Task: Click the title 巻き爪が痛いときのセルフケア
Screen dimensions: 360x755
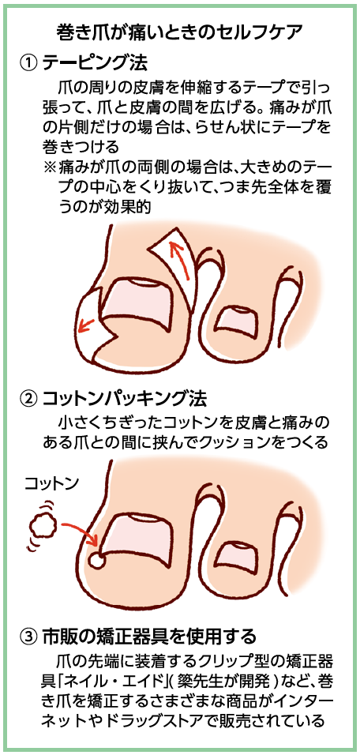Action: [x=179, y=32]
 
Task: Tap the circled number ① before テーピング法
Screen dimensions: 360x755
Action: [x=28, y=62]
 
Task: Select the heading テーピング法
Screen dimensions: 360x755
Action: [x=95, y=62]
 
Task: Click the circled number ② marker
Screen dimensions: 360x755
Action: [x=28, y=399]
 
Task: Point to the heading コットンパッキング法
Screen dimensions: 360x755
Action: [x=125, y=399]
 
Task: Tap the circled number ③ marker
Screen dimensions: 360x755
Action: [x=28, y=637]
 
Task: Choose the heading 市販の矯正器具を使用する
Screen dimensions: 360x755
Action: [x=149, y=637]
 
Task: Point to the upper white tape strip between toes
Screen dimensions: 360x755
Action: [x=176, y=265]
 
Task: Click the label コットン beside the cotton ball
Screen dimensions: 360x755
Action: [x=52, y=483]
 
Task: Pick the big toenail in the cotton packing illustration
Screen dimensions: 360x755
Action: [x=139, y=540]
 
